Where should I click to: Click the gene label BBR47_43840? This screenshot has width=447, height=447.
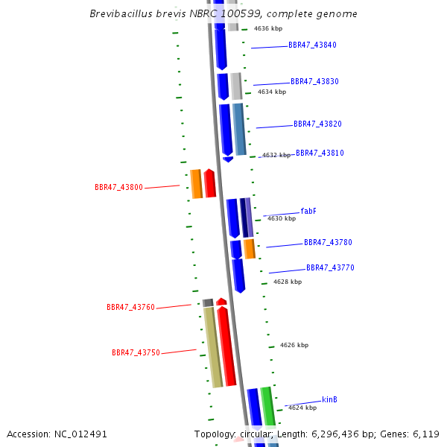click(312, 45)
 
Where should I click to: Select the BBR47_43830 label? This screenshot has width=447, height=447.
click(314, 81)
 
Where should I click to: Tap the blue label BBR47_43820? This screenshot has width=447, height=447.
click(317, 124)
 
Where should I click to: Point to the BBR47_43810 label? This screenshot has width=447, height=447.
click(320, 153)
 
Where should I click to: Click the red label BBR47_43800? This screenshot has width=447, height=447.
click(118, 187)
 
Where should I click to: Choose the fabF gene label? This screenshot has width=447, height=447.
click(308, 212)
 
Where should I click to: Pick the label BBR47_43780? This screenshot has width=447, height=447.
click(328, 242)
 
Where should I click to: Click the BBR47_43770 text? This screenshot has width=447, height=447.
click(330, 267)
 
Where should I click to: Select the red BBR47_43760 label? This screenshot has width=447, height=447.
click(130, 307)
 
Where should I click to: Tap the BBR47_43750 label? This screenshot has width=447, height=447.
click(136, 353)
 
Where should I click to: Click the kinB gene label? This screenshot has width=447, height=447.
click(329, 399)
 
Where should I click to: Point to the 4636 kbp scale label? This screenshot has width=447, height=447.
click(268, 28)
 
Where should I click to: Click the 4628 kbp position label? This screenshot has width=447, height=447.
click(288, 282)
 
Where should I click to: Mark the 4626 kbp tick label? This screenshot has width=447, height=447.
click(294, 345)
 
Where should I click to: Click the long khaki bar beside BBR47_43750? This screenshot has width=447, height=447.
click(213, 347)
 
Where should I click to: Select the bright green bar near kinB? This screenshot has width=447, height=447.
click(268, 407)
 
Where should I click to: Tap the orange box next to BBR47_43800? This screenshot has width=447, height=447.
click(197, 184)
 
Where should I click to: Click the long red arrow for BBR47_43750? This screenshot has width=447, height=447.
click(226, 346)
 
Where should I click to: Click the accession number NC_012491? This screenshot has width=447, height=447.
click(80, 434)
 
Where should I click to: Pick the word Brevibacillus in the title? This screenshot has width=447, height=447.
click(121, 13)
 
